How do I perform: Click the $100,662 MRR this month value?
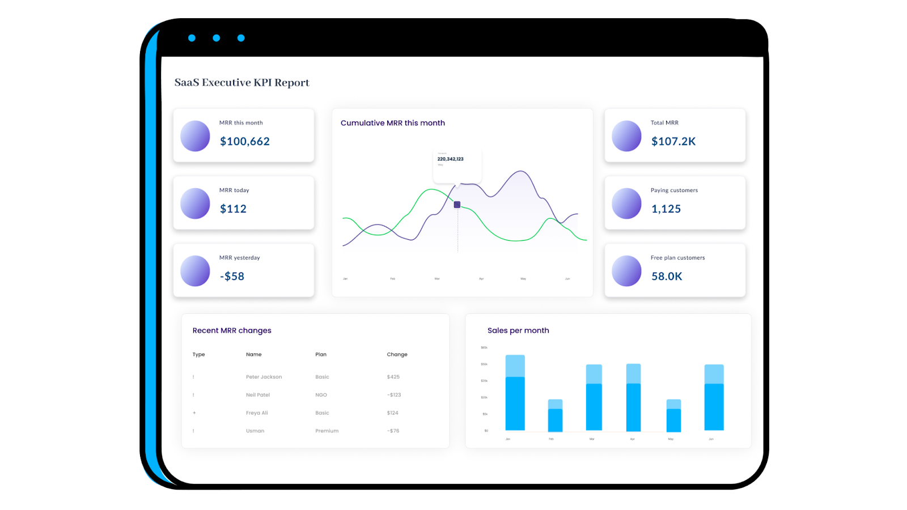pyautogui.click(x=244, y=142)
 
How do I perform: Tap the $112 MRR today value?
pyautogui.click(x=233, y=209)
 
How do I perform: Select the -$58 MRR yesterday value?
pyautogui.click(x=232, y=277)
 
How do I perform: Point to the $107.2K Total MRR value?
pyautogui.click(x=673, y=142)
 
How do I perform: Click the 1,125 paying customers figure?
pyautogui.click(x=666, y=209)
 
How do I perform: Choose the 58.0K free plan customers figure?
pyautogui.click(x=667, y=277)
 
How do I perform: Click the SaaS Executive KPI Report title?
pyautogui.click(x=241, y=83)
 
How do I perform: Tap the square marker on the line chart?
pyautogui.click(x=457, y=205)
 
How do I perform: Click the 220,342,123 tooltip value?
pyautogui.click(x=450, y=159)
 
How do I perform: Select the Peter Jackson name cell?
pyautogui.click(x=264, y=377)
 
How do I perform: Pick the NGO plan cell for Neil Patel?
pyautogui.click(x=321, y=395)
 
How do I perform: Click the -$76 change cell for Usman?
pyautogui.click(x=393, y=431)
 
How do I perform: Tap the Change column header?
pyautogui.click(x=397, y=355)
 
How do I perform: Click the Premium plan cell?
pyautogui.click(x=327, y=431)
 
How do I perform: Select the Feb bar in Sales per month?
pyautogui.click(x=555, y=416)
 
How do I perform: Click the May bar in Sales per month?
pyautogui.click(x=673, y=416)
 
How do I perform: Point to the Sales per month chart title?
pyautogui.click(x=518, y=330)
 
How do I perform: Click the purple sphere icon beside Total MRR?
pyautogui.click(x=626, y=136)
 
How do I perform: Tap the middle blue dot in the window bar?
pyautogui.click(x=216, y=38)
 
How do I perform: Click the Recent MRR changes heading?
pyautogui.click(x=231, y=330)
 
